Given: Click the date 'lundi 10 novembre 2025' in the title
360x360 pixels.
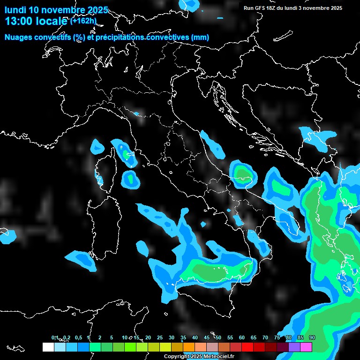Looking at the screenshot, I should tap(56, 10).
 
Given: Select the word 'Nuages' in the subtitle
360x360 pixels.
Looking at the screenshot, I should tap(18, 37).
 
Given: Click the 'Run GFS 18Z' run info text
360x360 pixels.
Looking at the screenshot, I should tap(260, 8).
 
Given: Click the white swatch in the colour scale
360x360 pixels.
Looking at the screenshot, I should tap(48, 347).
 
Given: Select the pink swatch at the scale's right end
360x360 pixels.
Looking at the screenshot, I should tap(306, 347).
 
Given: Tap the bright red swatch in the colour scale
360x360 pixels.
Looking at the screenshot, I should tap(247, 347).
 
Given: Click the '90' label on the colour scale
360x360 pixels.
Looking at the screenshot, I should tap(312, 338).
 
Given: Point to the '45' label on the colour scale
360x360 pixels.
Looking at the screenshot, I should tap(207, 338).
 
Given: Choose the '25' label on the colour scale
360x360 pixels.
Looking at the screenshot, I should tap(160, 338).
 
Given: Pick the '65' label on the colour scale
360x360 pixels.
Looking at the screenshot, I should tap(254, 338).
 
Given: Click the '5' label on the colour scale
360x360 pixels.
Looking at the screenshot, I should tap(112, 338).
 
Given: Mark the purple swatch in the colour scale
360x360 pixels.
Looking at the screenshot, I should tap(294, 347).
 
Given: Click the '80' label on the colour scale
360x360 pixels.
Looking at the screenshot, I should tap(289, 338).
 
